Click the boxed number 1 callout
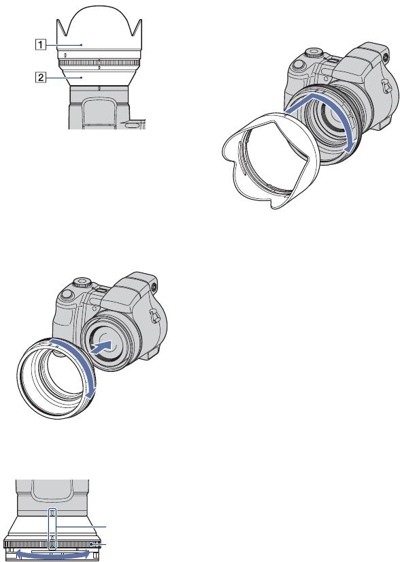tap(40, 45)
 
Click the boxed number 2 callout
tap(40, 77)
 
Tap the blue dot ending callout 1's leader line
tap(82, 45)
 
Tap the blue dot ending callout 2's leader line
tap(82, 77)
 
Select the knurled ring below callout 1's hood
tap(98, 63)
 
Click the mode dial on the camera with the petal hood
tap(314, 53)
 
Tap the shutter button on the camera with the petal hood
tap(298, 65)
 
